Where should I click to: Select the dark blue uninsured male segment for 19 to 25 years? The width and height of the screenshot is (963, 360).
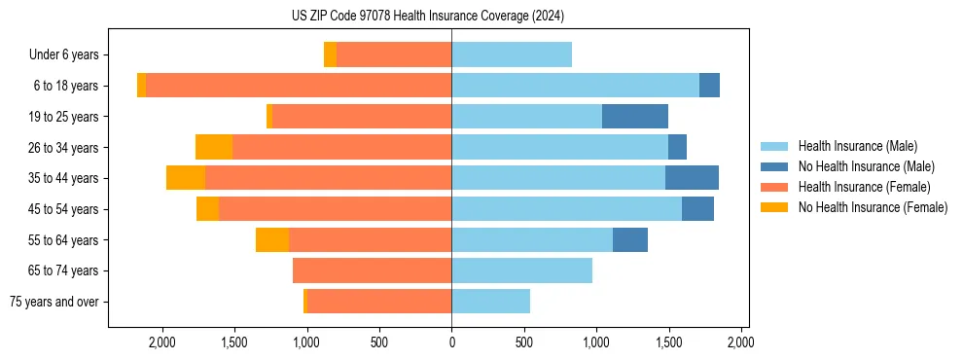pos(634,117)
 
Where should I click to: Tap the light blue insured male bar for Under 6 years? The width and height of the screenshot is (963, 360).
pos(512,55)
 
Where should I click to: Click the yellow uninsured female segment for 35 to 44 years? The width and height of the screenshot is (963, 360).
pos(186,178)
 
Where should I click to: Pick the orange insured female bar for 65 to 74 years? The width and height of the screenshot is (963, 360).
pos(372,270)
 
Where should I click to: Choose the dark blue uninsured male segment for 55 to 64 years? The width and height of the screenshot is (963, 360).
pos(630,240)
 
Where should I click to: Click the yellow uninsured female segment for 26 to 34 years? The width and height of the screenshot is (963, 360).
pos(214,148)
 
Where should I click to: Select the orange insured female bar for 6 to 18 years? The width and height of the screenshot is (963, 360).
pos(299,86)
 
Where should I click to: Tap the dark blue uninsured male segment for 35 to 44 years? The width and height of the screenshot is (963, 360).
pos(692,178)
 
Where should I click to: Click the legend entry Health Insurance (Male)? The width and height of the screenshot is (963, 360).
pos(857,146)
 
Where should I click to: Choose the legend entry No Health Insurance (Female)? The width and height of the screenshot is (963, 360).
pos(873,207)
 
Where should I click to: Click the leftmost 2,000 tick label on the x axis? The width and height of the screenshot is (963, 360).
pos(161,342)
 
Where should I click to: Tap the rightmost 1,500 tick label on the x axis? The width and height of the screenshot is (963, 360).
pos(669,342)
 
